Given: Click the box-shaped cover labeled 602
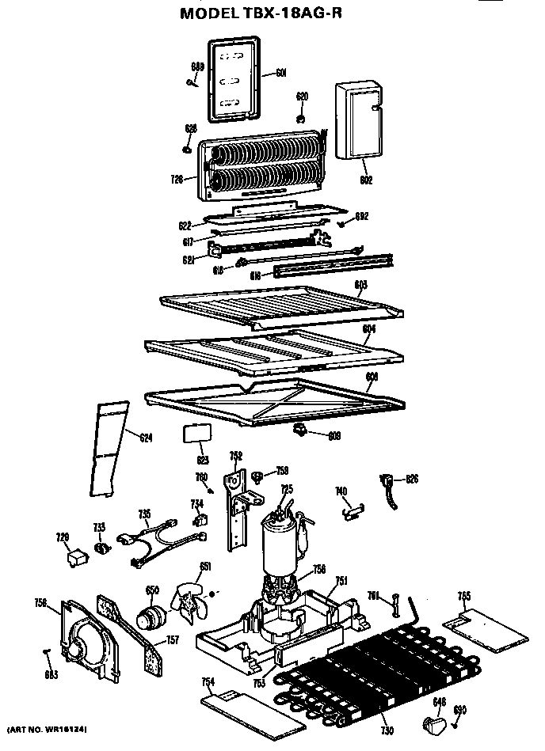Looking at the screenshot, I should pos(356,119).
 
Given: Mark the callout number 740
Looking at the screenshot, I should pos(341,491).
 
